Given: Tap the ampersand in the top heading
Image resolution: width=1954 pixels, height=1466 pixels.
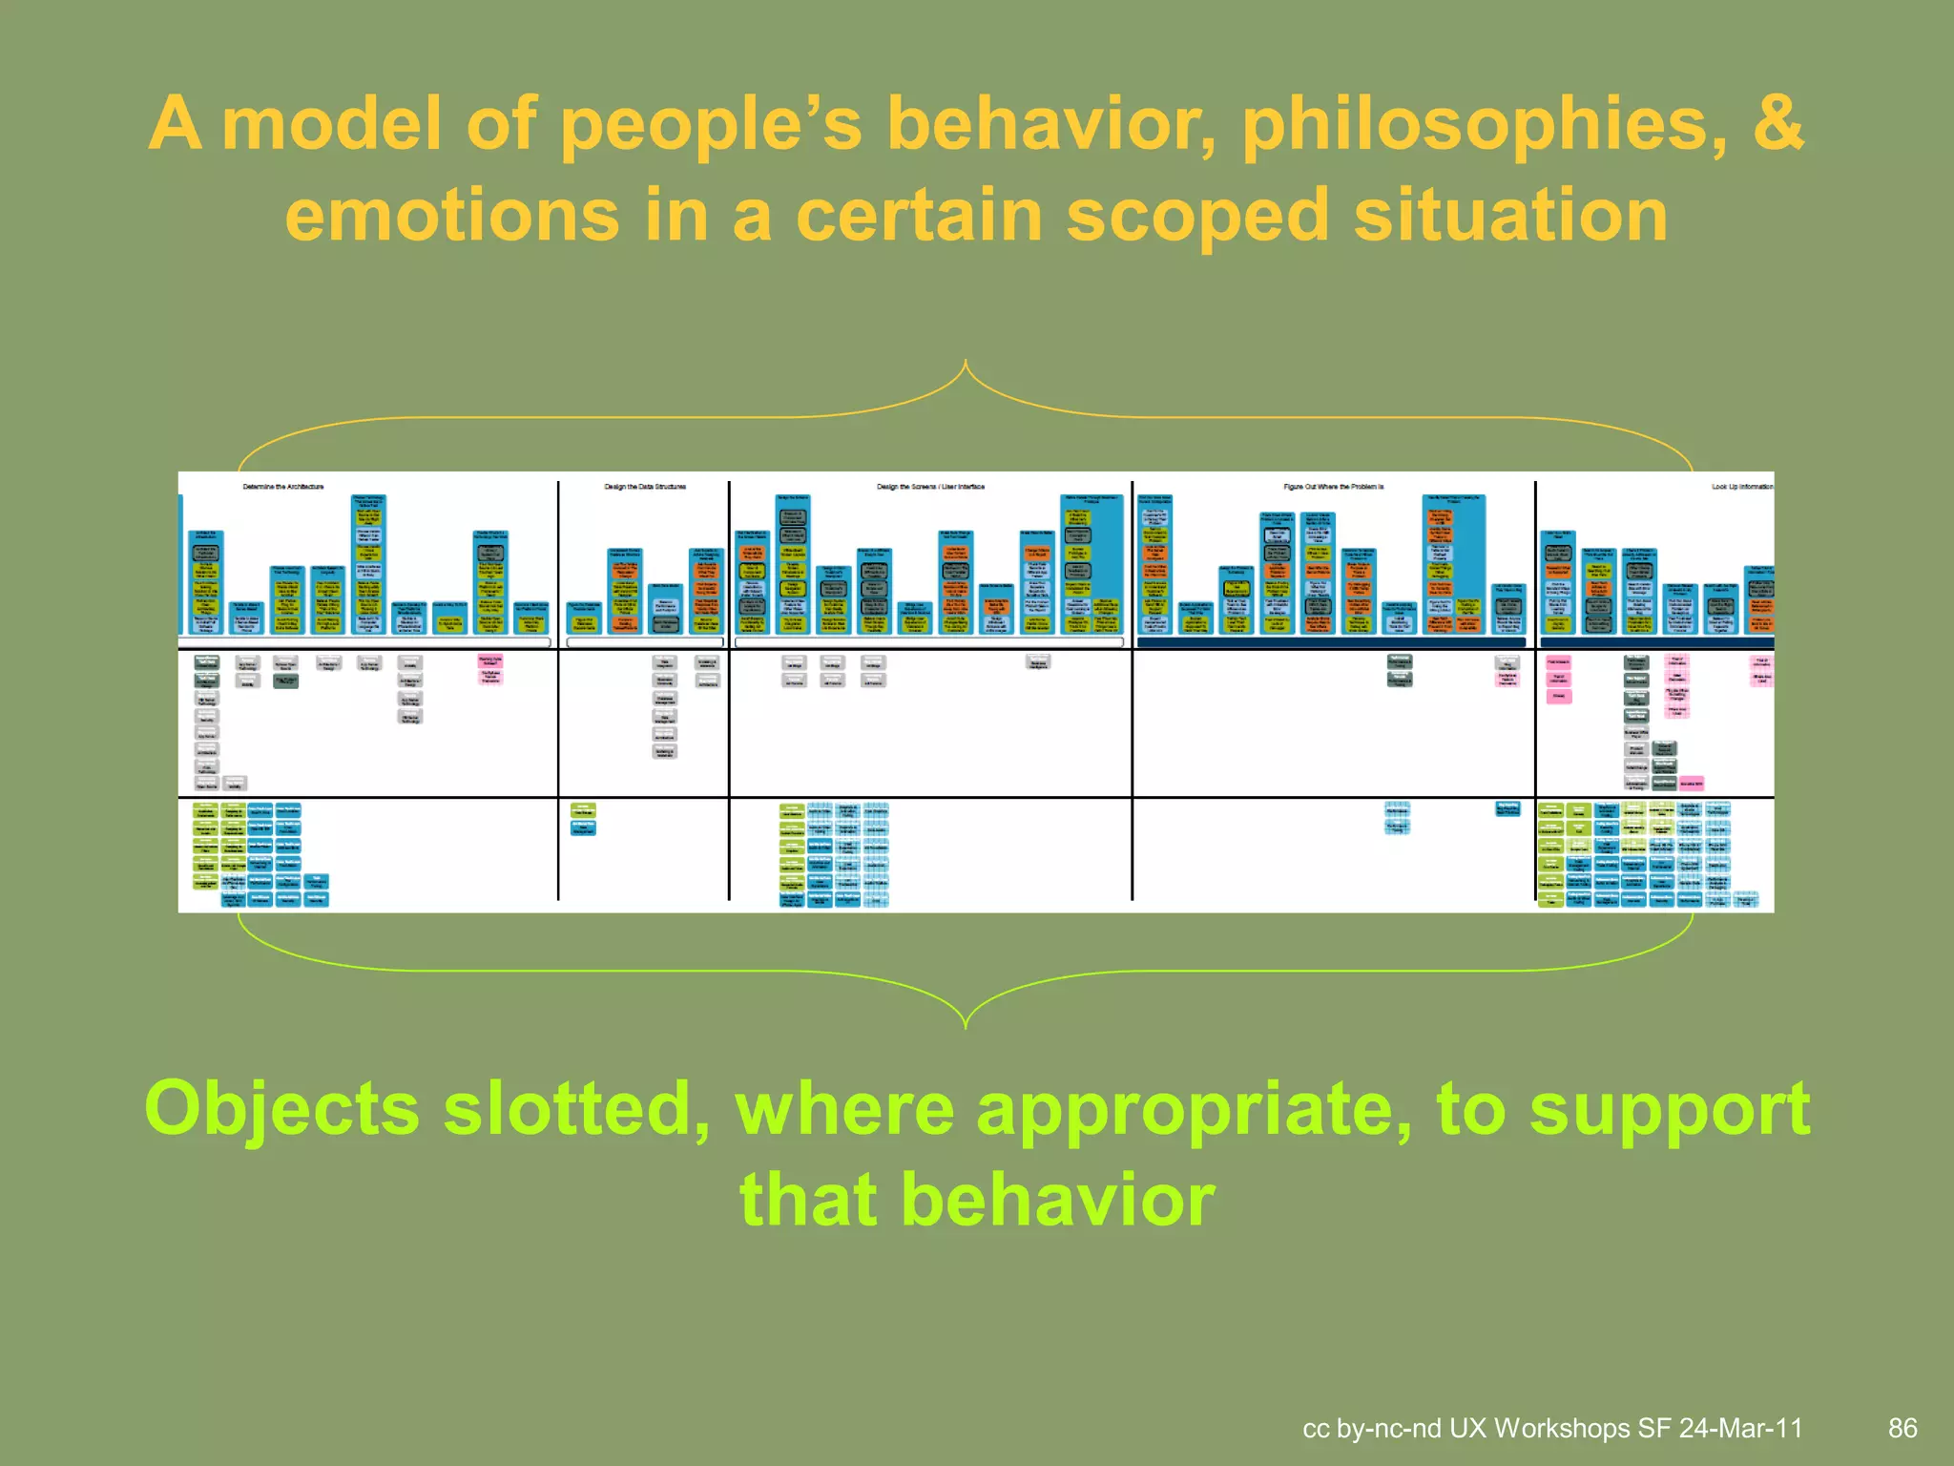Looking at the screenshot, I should (1777, 124).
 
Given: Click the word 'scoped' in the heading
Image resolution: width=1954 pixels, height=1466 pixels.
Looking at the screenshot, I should (1196, 216).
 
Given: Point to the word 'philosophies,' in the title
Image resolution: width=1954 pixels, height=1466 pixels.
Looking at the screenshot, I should (1483, 124).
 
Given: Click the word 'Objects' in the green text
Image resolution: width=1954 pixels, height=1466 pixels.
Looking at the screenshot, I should (281, 1109).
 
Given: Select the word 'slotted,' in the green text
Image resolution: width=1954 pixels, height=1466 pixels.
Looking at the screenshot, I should (576, 1109).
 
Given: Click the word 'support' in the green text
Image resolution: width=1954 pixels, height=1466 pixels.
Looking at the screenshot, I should (1670, 1109).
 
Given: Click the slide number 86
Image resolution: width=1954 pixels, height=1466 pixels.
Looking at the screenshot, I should (1902, 1428).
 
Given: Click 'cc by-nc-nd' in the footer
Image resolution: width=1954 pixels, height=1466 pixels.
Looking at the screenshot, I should (1371, 1428).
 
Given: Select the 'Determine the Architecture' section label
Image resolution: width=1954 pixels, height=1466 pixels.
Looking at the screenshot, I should (283, 487).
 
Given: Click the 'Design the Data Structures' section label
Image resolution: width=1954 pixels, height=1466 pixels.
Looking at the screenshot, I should (645, 487).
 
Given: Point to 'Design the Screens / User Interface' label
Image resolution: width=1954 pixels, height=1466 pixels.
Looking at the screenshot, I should (930, 487).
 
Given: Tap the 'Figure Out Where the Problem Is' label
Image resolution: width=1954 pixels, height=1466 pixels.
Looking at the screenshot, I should (1333, 487).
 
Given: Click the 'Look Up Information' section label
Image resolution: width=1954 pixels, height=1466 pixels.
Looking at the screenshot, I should (1741, 487).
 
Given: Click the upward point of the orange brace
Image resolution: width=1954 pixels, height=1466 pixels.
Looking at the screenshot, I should (966, 363).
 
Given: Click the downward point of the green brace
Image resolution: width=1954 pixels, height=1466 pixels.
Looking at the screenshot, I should (966, 1027).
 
